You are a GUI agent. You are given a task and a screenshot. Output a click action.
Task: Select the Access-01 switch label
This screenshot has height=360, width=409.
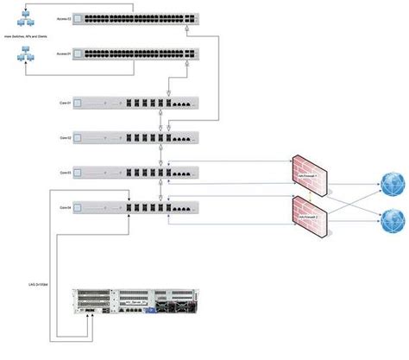pos(62,54)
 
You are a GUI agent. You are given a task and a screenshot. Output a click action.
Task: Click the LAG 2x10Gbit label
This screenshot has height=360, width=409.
pos(40,283)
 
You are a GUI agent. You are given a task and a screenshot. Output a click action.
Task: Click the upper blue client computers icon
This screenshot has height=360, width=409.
pos(25,13)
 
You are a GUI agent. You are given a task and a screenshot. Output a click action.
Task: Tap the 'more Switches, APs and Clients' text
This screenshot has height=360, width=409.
pos(25,37)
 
